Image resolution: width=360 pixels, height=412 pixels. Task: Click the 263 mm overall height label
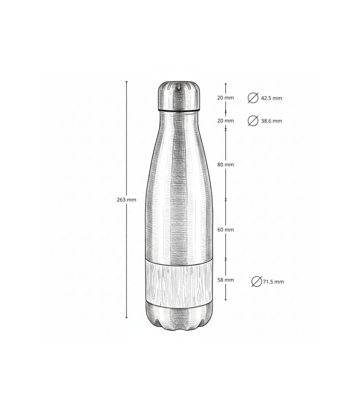coord(126,200)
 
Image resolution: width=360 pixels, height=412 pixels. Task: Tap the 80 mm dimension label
coord(226,165)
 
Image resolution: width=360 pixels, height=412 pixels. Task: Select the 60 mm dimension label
coord(226,229)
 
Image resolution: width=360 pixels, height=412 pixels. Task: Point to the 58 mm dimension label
coord(226,280)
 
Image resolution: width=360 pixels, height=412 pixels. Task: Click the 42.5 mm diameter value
coord(271,98)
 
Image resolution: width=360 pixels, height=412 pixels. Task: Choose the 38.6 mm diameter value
coord(271,121)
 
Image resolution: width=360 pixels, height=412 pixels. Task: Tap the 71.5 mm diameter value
coord(273,282)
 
